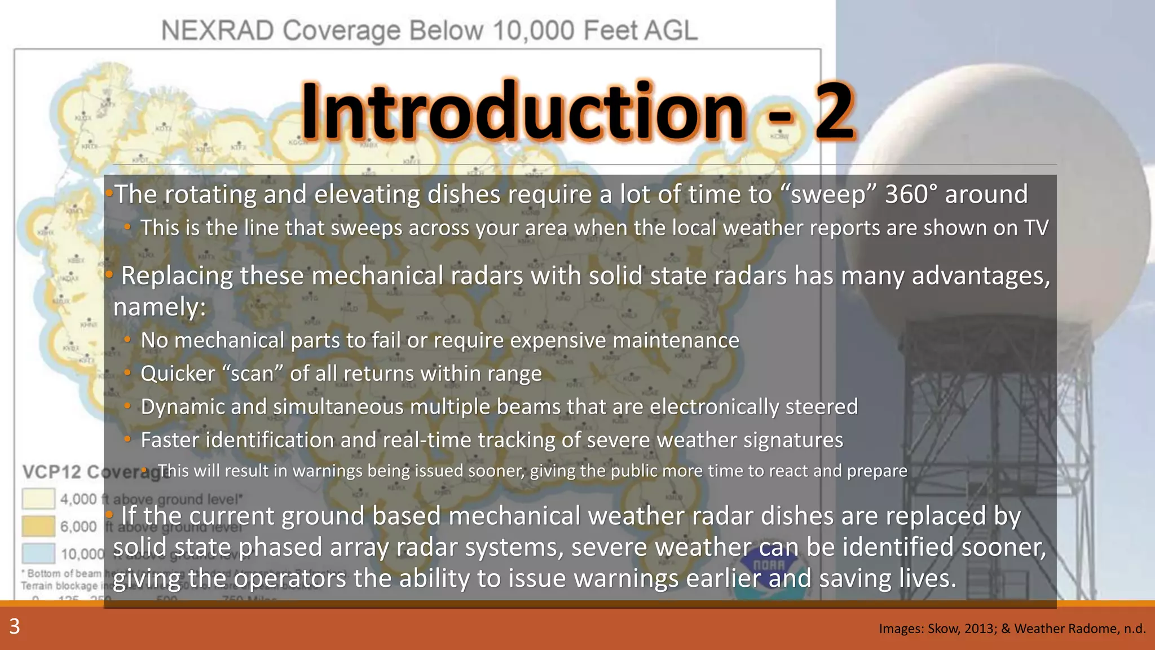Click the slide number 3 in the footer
click(x=15, y=626)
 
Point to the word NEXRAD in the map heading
click(x=218, y=30)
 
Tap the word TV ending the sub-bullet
click(x=1036, y=228)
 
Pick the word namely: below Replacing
click(x=160, y=308)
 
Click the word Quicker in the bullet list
click(x=178, y=374)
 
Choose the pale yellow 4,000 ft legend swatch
click(x=38, y=499)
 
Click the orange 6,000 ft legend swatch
click(x=38, y=526)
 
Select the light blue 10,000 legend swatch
click(x=38, y=553)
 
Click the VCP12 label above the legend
click(x=51, y=472)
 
